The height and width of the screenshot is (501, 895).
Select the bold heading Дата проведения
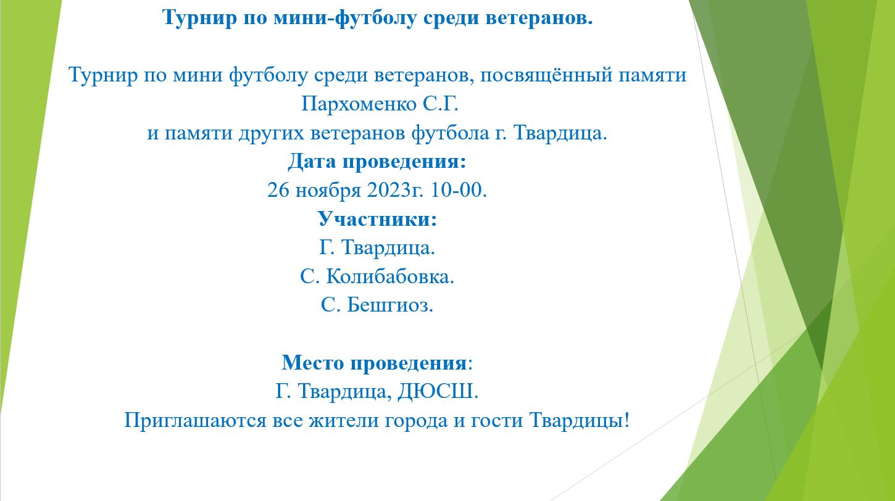point(376,162)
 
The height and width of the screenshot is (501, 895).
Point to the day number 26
point(278,190)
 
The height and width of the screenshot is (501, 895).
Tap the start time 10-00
point(459,190)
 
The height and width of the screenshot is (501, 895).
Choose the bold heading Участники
point(377,218)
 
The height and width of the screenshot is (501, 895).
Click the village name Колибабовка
point(390,276)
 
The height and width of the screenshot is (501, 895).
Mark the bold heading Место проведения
point(375,362)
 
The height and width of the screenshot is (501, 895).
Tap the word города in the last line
point(422,420)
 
